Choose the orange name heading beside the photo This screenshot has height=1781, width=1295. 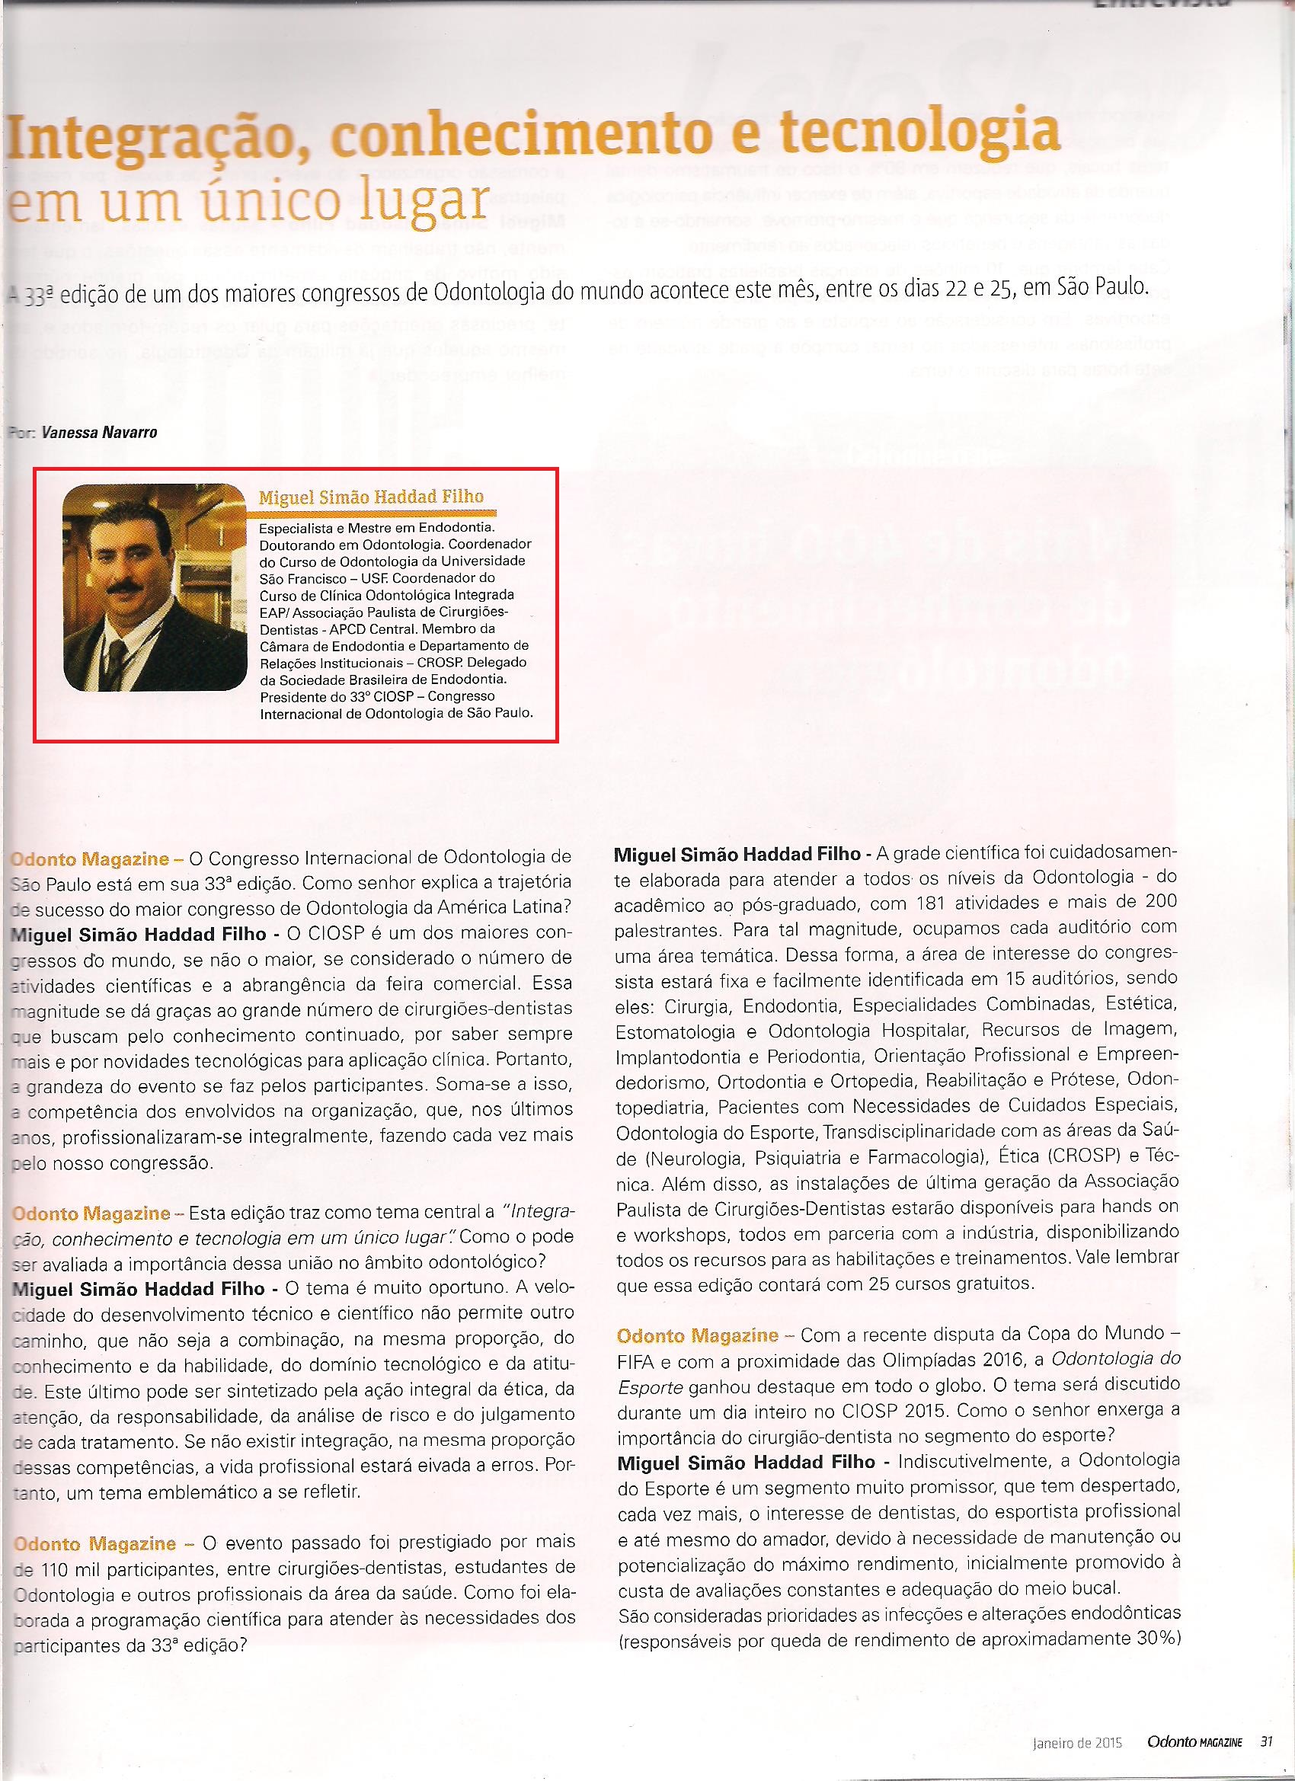(x=371, y=497)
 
